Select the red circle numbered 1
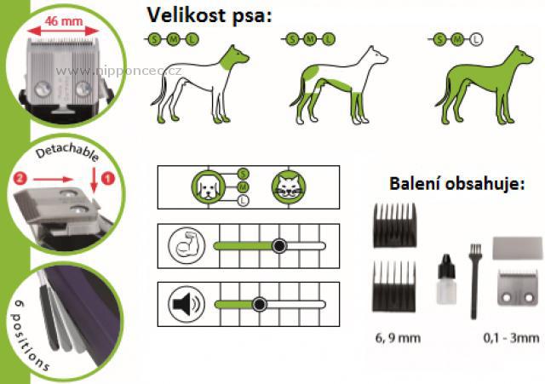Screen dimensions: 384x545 pos(106,181)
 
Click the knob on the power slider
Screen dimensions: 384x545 pos(278,245)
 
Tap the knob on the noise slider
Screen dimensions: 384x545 pos(259,303)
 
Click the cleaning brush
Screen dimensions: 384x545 pos(468,268)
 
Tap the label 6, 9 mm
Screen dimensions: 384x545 pos(396,338)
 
